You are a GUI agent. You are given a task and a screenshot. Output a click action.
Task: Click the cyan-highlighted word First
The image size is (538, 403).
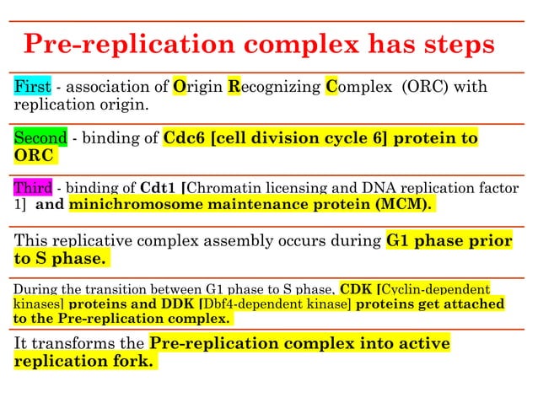(32, 87)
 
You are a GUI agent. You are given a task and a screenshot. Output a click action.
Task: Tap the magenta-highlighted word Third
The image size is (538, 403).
(32, 188)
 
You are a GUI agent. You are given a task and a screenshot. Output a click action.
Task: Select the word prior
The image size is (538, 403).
(490, 240)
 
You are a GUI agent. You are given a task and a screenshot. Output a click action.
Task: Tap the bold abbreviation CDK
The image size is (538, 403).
(355, 288)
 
